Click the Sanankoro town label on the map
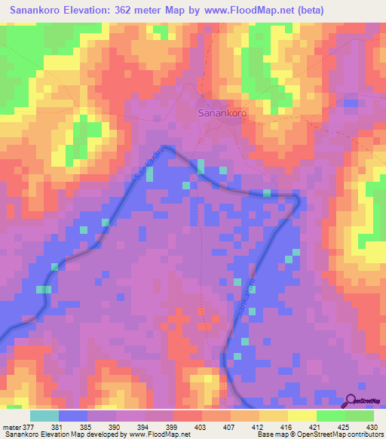(222, 113)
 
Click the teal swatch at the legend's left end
(44, 415)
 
